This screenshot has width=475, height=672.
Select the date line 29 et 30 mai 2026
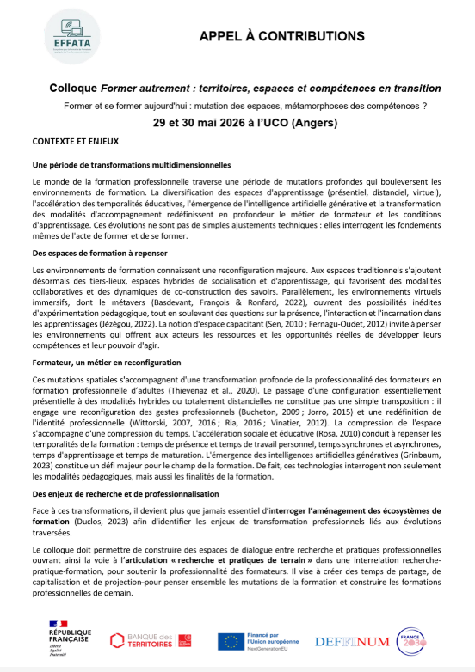coord(237,123)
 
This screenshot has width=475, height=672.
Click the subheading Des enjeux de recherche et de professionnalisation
coord(126,495)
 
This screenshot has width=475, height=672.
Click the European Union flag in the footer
coord(231,640)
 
